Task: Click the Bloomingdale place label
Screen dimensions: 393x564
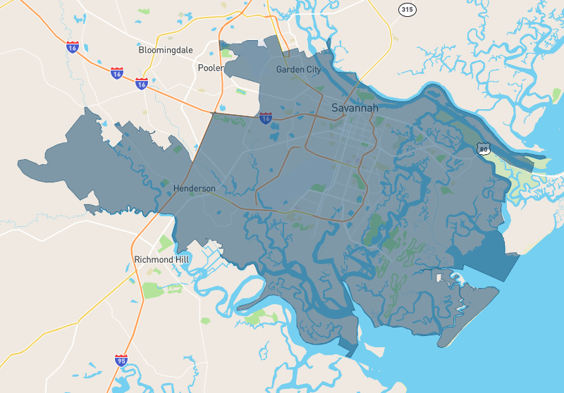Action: tap(166, 51)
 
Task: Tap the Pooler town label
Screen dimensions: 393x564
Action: tap(210, 68)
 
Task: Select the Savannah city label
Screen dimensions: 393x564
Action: tap(355, 108)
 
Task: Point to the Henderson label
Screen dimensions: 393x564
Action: tap(195, 189)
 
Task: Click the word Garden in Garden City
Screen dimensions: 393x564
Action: tap(290, 70)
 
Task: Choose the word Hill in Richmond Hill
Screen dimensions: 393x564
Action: tap(180, 260)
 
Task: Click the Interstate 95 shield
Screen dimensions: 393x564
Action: tap(121, 361)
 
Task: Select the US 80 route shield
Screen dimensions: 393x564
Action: tap(482, 149)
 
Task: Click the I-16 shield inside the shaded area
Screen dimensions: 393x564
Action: tap(266, 118)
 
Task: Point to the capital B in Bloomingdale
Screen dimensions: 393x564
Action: tap(142, 51)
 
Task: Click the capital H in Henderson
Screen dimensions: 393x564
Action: tap(176, 189)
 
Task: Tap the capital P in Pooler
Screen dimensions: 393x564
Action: tap(200, 68)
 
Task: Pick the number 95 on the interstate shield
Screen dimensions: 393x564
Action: tap(121, 362)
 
